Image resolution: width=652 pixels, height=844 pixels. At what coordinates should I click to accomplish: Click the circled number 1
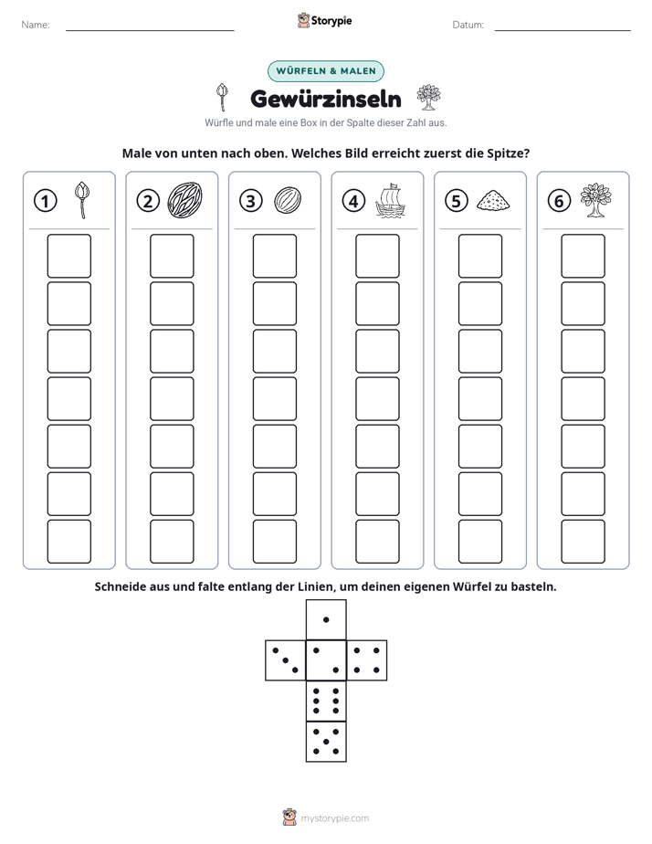[45, 201]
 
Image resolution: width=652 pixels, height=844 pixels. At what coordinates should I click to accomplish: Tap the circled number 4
[353, 201]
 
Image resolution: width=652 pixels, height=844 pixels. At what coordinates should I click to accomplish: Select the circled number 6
[559, 201]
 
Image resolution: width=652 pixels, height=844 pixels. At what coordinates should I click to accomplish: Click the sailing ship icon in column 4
[390, 200]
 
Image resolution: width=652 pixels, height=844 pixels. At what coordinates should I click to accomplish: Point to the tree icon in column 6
[595, 200]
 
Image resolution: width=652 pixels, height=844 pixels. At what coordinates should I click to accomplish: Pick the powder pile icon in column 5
[493, 200]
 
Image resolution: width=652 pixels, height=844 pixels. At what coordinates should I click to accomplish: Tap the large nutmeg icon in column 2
[184, 200]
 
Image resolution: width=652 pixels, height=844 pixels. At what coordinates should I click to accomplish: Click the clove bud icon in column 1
[82, 200]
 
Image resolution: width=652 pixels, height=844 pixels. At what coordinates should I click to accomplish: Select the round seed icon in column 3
[288, 200]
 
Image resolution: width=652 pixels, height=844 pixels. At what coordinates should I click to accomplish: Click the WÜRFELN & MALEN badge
[326, 71]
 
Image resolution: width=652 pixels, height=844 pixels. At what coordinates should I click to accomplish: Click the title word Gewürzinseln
[326, 99]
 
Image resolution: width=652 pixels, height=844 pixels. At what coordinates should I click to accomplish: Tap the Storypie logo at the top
[324, 20]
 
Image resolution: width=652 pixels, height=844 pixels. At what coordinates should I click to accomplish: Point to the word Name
[36, 25]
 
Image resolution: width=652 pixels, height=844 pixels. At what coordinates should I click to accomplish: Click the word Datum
[468, 25]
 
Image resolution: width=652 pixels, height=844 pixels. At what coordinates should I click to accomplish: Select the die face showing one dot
[326, 620]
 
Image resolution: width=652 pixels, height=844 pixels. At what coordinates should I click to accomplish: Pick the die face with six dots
[326, 701]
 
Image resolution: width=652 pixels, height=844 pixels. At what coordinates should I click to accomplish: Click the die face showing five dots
[326, 741]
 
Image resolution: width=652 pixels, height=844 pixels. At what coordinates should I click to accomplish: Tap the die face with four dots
[367, 660]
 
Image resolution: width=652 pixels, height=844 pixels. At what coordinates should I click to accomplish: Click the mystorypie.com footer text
[334, 818]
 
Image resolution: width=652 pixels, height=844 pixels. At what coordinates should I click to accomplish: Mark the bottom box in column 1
[68, 542]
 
